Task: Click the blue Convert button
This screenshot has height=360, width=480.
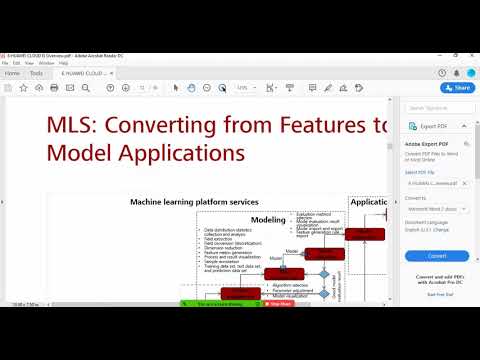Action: tap(436, 255)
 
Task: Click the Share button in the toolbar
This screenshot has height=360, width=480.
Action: tap(458, 88)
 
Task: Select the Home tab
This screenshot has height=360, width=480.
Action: tap(13, 73)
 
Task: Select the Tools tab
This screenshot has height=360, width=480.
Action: tap(36, 73)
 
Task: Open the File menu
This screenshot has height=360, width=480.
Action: tap(5, 62)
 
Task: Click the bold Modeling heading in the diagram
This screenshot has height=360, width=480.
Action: tap(268, 220)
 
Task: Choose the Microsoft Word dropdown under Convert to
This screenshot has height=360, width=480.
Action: tap(436, 208)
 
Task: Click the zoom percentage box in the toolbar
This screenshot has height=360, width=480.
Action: tap(243, 88)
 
